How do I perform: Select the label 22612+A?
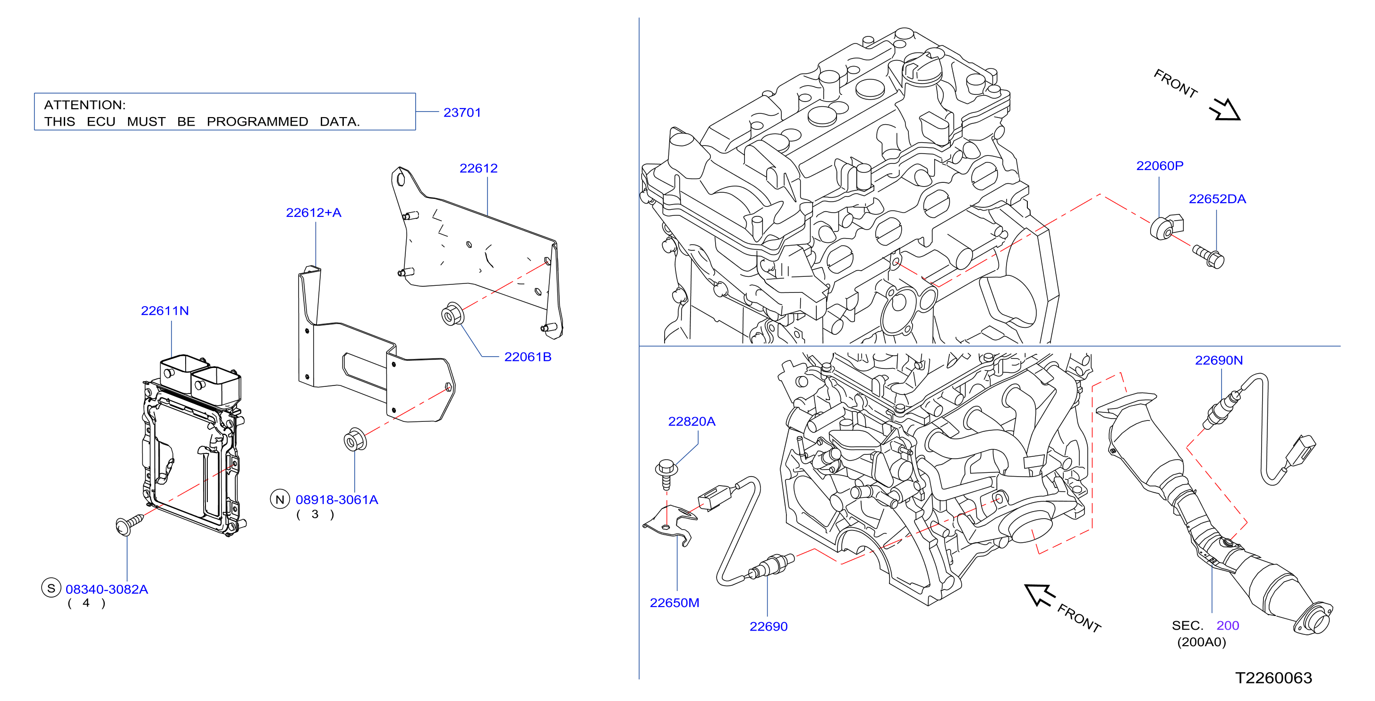(313, 213)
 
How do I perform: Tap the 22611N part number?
(164, 311)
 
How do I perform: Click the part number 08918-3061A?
(337, 500)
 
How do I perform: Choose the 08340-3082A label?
(107, 590)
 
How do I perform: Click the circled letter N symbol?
(280, 499)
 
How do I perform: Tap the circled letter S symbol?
(51, 589)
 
